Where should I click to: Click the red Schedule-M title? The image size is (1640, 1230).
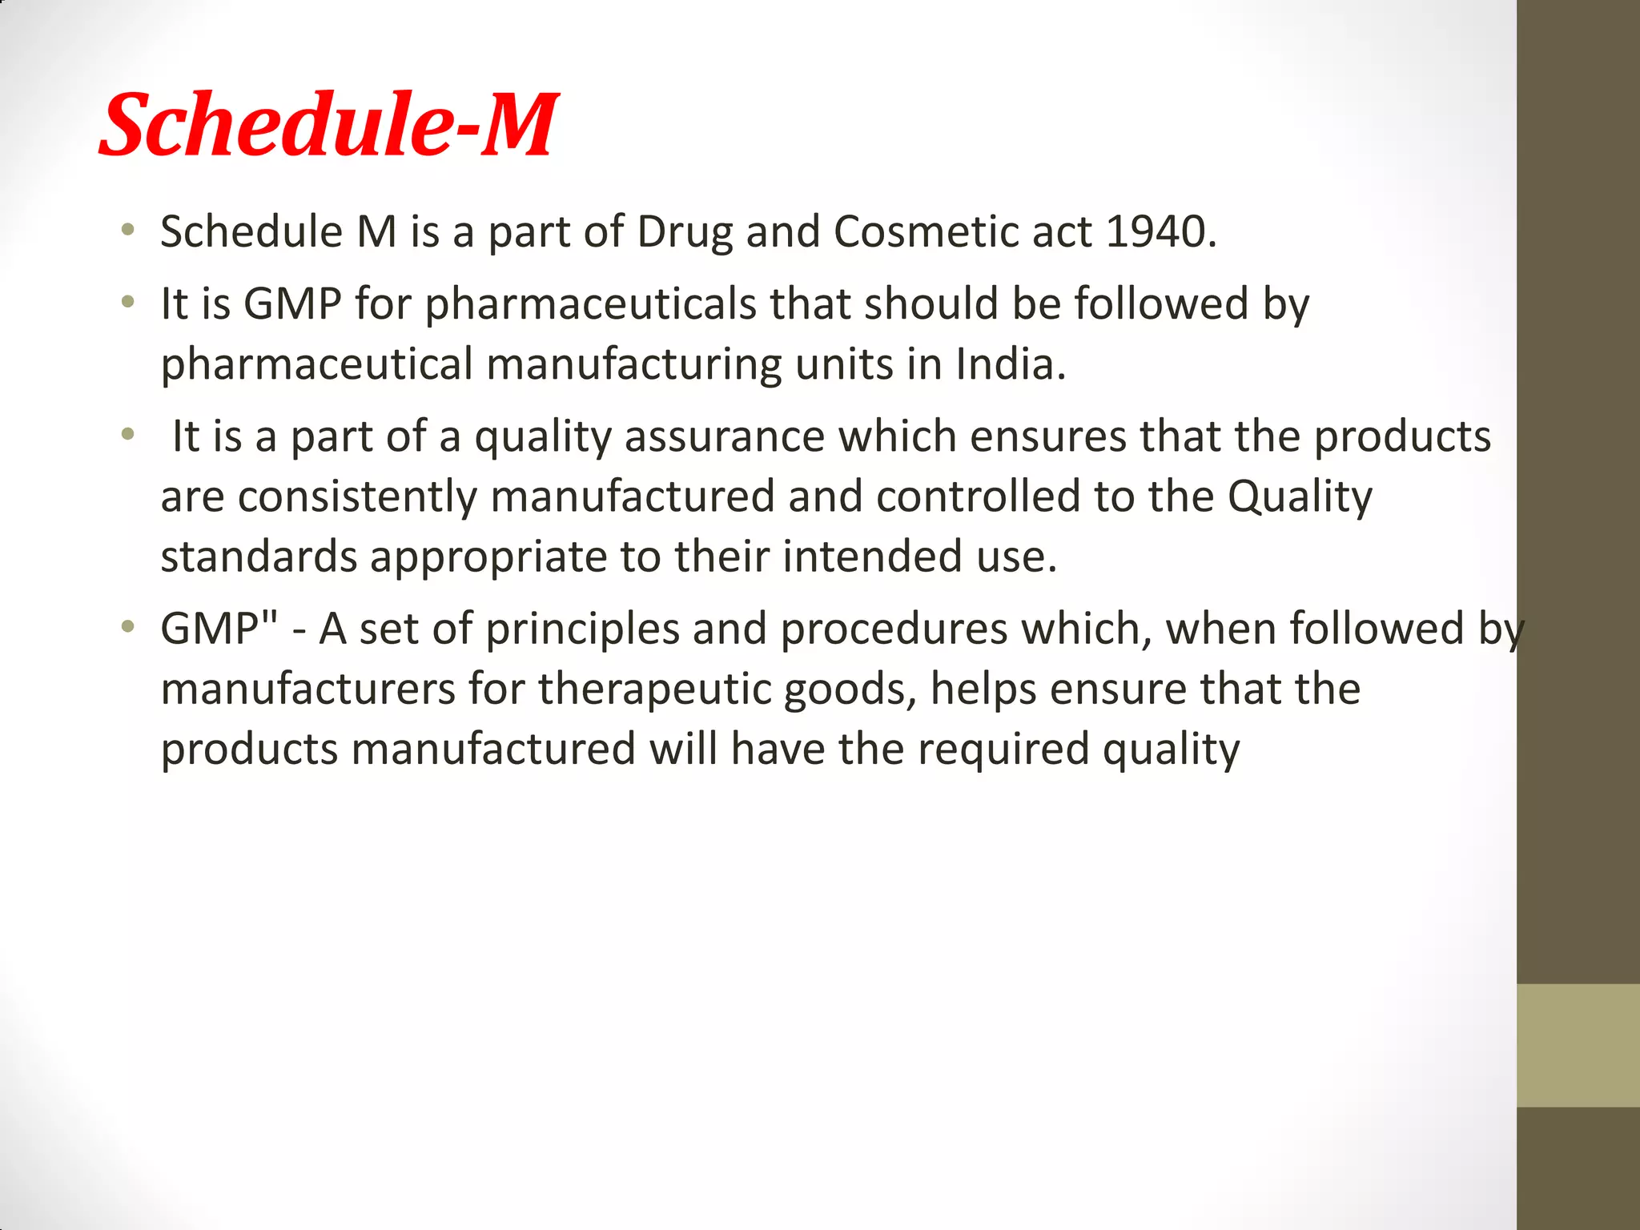click(328, 125)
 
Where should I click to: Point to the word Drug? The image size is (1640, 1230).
click(685, 232)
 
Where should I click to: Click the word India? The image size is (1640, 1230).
click(1011, 364)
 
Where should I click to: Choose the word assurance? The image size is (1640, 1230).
click(724, 437)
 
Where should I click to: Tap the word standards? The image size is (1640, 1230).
click(259, 557)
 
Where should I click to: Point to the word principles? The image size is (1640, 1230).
click(582, 629)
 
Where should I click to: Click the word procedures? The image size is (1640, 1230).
click(894, 629)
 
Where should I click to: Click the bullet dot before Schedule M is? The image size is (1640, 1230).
click(127, 231)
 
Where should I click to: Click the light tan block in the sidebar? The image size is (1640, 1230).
click(1578, 1045)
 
